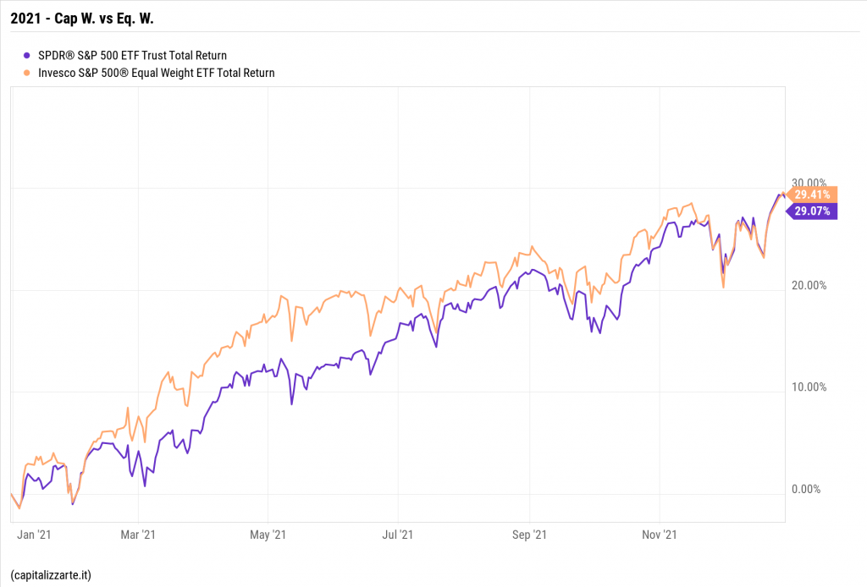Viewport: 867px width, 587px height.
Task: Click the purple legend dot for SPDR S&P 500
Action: pos(30,56)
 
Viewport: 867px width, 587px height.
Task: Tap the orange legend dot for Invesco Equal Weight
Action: pos(30,73)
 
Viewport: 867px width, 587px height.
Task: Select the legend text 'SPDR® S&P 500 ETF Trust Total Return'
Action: pos(132,56)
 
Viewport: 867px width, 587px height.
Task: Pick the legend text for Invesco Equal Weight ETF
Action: pos(157,73)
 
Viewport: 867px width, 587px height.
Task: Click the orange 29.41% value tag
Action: pos(812,195)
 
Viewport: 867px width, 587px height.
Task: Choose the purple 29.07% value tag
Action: pos(812,211)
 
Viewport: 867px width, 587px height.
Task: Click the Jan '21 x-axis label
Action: pos(35,535)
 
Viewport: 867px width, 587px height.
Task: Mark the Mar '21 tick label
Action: pos(138,535)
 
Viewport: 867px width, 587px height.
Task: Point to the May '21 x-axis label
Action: pos(268,535)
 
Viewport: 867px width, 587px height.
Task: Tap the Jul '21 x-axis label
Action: pos(398,535)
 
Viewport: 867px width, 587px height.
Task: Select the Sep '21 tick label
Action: pos(529,535)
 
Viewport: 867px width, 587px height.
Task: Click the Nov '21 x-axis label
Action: pos(660,535)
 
